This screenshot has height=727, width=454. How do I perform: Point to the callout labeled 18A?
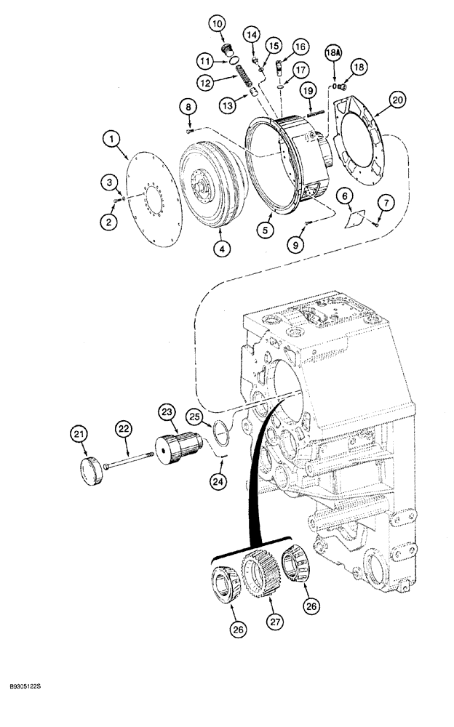point(333,52)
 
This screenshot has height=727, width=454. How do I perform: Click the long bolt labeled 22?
point(131,456)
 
